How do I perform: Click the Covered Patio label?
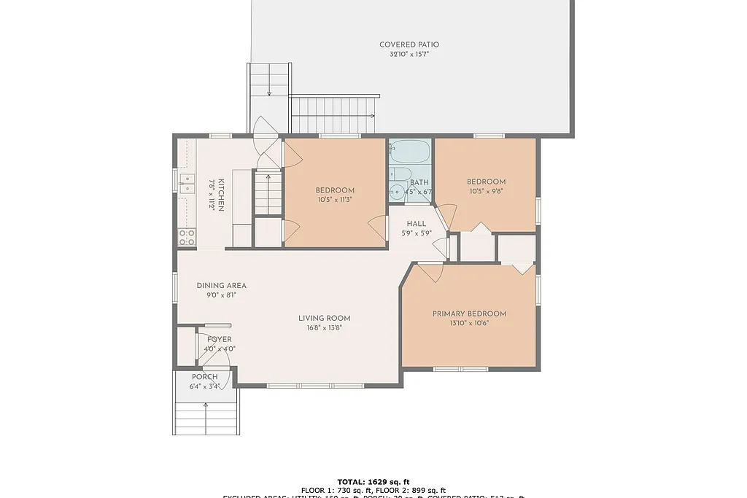(409, 44)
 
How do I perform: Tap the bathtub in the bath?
(410, 152)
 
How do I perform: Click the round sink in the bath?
(397, 192)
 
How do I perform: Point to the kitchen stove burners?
(187, 236)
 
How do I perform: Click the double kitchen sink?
(187, 183)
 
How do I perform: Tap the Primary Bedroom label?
(469, 314)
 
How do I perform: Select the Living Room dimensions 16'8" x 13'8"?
(325, 327)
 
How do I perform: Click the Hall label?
(417, 224)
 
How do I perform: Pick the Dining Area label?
(222, 285)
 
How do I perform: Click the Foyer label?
(220, 339)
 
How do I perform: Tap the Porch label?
(204, 376)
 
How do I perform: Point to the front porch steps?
(206, 419)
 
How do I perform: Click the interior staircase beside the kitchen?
(268, 192)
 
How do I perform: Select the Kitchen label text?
(220, 195)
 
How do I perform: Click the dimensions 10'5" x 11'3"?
(335, 200)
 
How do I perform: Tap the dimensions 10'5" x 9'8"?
(486, 191)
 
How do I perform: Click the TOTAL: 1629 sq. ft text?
(373, 481)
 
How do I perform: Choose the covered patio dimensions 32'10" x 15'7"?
(409, 54)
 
